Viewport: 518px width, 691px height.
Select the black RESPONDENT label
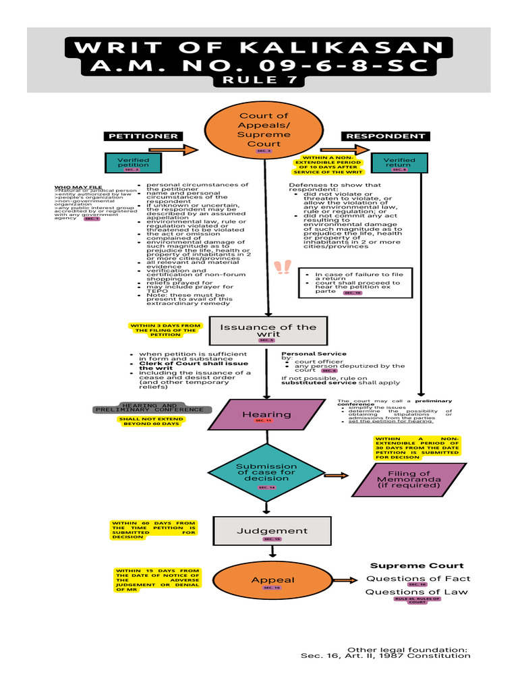[x=386, y=136]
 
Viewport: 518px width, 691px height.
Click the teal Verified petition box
[x=134, y=163]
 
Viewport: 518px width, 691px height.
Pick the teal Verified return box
[x=399, y=163]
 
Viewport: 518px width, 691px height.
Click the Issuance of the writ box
[x=268, y=330]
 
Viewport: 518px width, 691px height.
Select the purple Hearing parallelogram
[x=266, y=415]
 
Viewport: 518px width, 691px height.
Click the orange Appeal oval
[x=272, y=581]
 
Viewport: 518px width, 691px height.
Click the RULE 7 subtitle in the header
[x=260, y=80]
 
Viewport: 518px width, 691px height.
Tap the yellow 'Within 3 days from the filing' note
[x=165, y=329]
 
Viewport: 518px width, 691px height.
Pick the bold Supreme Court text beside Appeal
[x=417, y=565]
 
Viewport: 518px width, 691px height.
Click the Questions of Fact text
[x=418, y=578]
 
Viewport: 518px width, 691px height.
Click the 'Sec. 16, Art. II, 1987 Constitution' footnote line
[x=385, y=655]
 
